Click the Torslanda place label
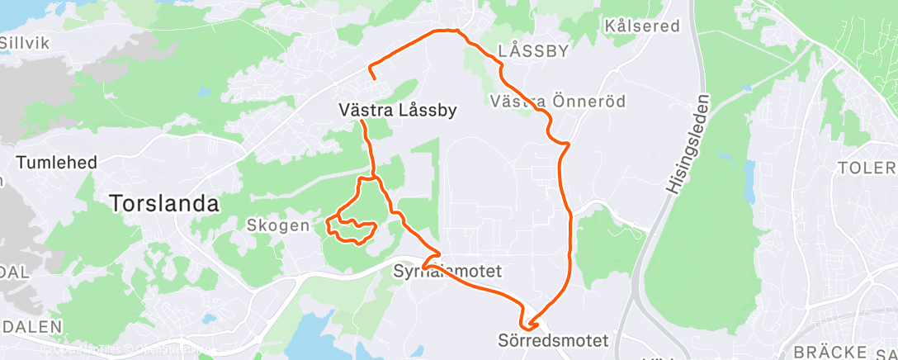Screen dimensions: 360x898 [165, 203]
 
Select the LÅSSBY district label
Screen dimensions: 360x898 [534, 50]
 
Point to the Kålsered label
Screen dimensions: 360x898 [641, 26]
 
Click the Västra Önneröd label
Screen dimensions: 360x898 [557, 102]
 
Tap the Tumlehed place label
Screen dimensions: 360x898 [57, 163]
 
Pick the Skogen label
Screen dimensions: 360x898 [278, 225]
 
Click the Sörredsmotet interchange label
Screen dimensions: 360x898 [553, 340]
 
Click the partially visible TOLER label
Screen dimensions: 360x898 [867, 168]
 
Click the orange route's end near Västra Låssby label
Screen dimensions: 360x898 [362, 121]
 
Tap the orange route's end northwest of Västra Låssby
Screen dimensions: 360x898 [376, 78]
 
